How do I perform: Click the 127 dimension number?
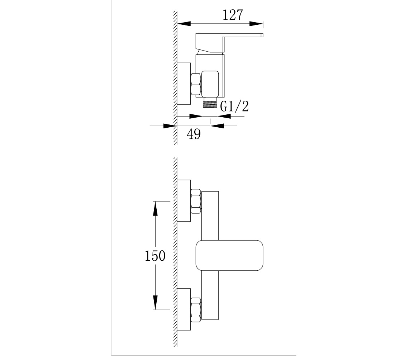(x=233, y=15)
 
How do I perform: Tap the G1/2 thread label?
(x=234, y=106)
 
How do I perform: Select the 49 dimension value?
(x=194, y=134)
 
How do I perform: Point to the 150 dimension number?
(x=155, y=256)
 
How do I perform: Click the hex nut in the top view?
(x=196, y=84)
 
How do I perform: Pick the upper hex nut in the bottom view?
(x=196, y=202)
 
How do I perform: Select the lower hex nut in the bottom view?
(x=196, y=310)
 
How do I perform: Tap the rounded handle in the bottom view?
(x=229, y=255)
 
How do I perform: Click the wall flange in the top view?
(x=184, y=84)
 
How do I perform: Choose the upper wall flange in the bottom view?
(x=184, y=201)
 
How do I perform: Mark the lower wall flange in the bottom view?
(x=184, y=309)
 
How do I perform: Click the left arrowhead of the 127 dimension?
(x=184, y=24)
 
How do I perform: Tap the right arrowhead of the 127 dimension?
(x=256, y=24)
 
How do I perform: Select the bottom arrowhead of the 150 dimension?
(x=155, y=303)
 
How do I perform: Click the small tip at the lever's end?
(x=262, y=35)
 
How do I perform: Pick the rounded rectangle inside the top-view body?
(x=210, y=84)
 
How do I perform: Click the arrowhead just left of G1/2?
(x=196, y=116)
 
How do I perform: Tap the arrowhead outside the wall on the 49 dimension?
(x=170, y=126)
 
